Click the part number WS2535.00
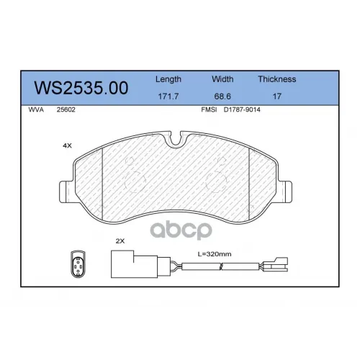tap(81, 88)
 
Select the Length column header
tap(168, 79)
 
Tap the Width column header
tap(222, 79)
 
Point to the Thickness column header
tap(277, 79)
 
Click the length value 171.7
tap(168, 96)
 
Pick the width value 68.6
tap(222, 96)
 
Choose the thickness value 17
tap(277, 96)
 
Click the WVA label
tap(36, 109)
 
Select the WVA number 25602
tap(66, 109)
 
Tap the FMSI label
tap(209, 109)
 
